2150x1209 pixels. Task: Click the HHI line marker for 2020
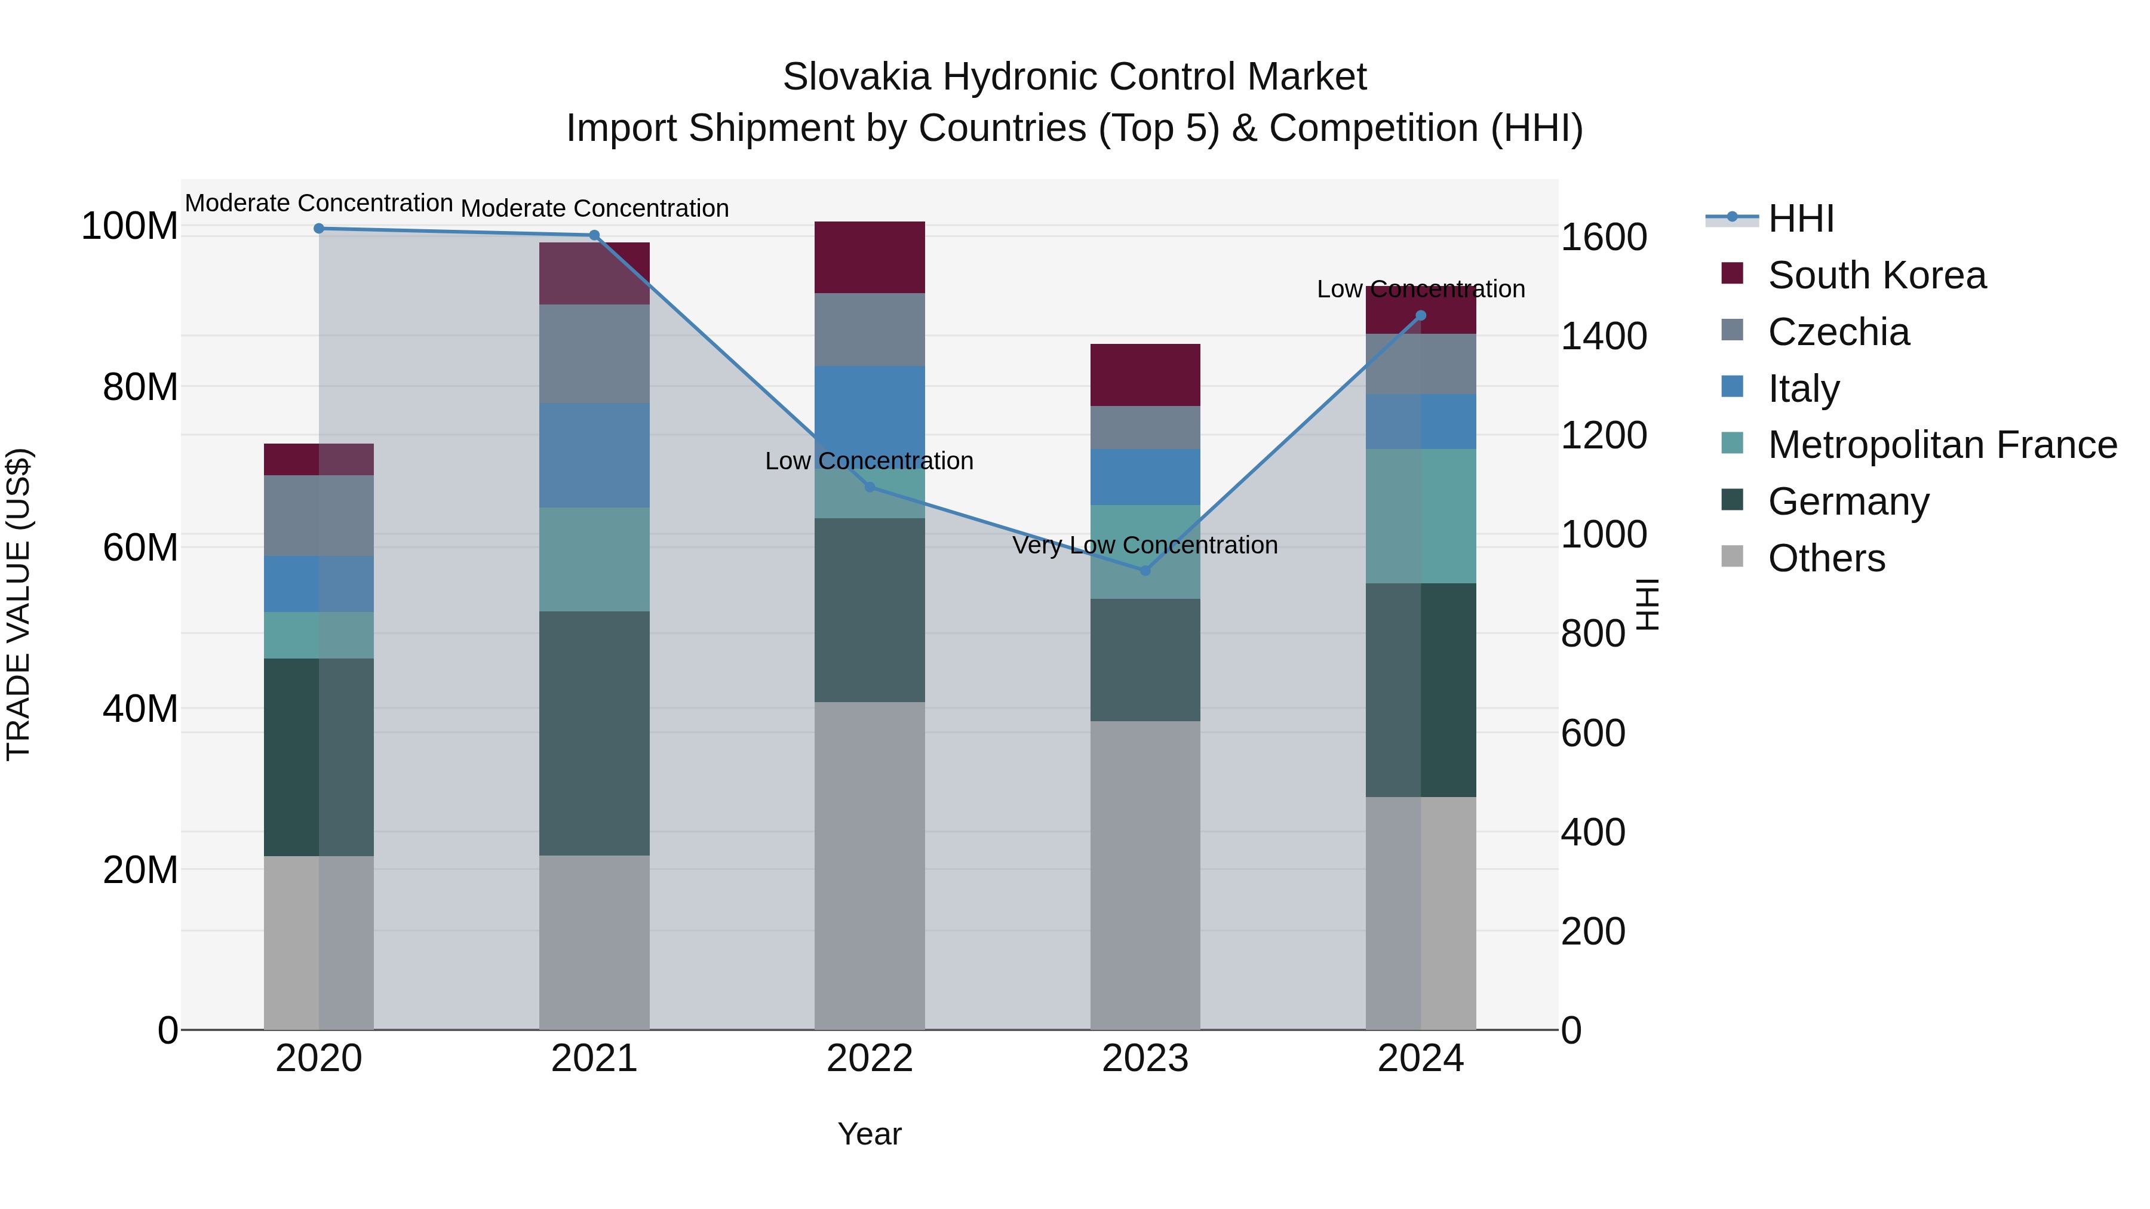click(x=319, y=229)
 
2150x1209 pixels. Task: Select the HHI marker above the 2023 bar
click(x=1145, y=571)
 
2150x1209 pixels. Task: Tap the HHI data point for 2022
click(x=870, y=487)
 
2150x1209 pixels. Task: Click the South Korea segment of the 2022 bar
click(x=870, y=257)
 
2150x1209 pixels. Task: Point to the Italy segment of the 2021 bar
click(x=594, y=456)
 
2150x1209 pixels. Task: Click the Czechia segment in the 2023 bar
click(x=1145, y=427)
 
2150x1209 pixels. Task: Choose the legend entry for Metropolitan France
click(x=1942, y=445)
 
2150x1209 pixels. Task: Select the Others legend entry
click(x=1826, y=559)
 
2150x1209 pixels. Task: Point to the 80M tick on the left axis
click(x=140, y=387)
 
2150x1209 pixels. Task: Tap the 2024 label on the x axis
click(x=1421, y=1059)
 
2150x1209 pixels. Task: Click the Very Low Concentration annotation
click(x=1145, y=546)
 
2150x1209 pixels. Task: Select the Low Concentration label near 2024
click(x=1421, y=290)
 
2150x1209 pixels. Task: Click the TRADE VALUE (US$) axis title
click(x=19, y=604)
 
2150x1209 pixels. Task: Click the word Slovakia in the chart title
click(x=856, y=78)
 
